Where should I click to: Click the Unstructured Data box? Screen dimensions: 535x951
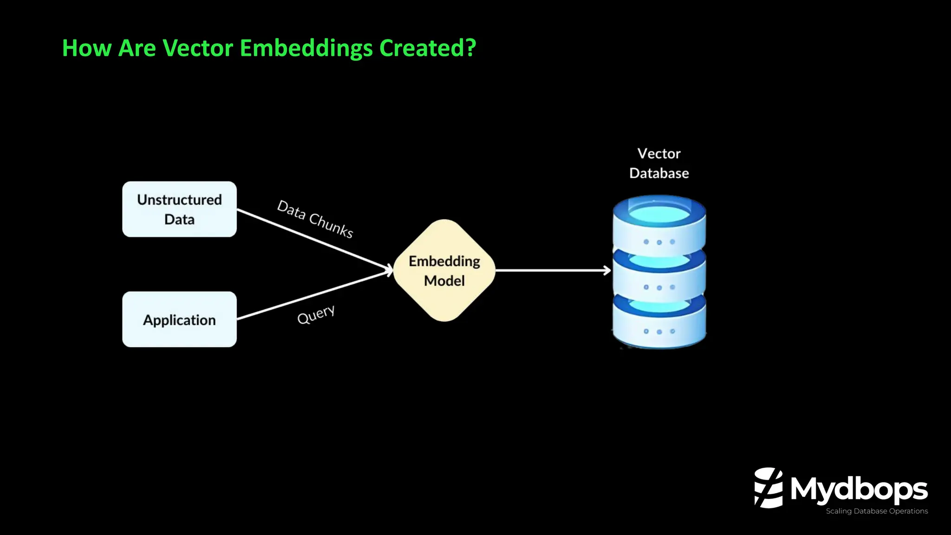179,209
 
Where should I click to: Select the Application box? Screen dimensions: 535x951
179,320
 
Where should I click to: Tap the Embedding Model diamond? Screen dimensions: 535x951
444,270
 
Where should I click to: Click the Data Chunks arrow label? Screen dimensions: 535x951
315,219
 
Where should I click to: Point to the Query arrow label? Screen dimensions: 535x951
316,315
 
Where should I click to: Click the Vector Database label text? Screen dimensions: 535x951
658,163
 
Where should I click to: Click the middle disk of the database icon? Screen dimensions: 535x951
659,274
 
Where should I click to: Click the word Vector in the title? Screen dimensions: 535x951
198,48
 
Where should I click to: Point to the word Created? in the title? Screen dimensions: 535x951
428,48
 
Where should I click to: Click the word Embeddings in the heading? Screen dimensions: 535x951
306,48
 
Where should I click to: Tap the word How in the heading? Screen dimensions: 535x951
87,48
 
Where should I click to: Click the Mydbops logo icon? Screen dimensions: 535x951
768,488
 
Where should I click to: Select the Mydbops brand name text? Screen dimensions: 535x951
859,489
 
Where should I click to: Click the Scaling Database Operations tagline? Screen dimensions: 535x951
876,511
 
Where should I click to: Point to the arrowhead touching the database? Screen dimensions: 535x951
607,270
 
